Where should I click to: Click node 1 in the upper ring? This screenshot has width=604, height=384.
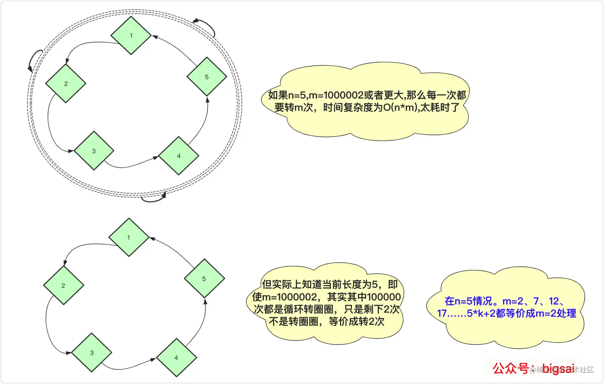[131, 36]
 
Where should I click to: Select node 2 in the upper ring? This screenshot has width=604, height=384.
[66, 83]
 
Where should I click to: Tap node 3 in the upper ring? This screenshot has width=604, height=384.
[94, 151]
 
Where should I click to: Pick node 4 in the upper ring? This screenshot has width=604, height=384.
[179, 156]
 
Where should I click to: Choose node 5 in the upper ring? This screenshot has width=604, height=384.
[207, 77]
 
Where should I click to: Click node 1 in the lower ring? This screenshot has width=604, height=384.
[129, 237]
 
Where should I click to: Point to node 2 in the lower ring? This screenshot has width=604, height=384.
[63, 285]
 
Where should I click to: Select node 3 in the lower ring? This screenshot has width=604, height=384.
[91, 353]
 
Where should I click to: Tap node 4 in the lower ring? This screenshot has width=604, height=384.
[176, 358]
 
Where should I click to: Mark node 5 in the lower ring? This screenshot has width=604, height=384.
[204, 279]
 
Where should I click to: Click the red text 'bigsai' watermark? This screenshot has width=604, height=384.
[558, 368]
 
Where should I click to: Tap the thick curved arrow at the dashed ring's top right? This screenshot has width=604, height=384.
[206, 26]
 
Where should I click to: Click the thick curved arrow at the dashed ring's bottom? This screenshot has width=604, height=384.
[154, 198]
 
